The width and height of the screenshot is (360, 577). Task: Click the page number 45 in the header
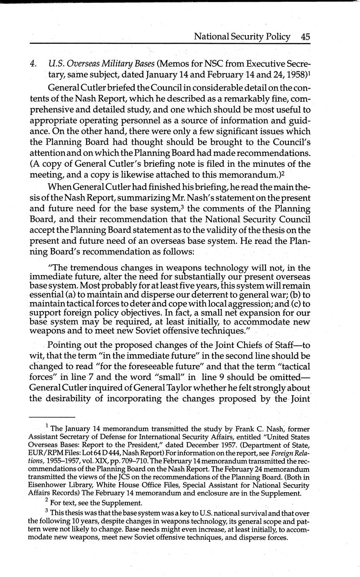(x=305, y=36)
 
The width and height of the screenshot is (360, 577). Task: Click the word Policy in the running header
(x=274, y=37)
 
